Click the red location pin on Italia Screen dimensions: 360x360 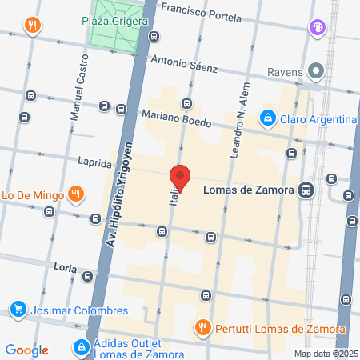(x=180, y=178)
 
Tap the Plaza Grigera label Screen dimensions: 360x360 (x=114, y=20)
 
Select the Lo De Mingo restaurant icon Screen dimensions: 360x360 (x=75, y=193)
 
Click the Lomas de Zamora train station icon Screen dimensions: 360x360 (x=305, y=190)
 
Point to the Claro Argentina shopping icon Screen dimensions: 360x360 (x=266, y=120)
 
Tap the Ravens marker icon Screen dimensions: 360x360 (x=316, y=71)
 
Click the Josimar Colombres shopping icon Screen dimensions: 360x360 (x=18, y=309)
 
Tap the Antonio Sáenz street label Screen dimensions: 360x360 (x=184, y=63)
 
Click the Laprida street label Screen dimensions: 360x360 (x=94, y=162)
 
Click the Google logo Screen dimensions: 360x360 (x=27, y=350)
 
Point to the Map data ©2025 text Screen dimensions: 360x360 (x=326, y=354)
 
